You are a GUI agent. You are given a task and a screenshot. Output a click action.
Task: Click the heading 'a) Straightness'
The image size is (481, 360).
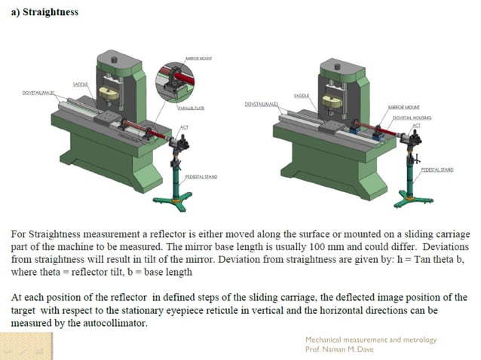point(44,13)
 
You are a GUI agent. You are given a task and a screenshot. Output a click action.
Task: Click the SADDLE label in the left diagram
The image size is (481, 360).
point(81,84)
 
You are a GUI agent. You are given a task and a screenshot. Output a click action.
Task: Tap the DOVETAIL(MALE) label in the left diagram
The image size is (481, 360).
point(38,93)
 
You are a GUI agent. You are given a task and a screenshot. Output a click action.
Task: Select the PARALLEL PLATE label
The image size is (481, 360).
point(191,108)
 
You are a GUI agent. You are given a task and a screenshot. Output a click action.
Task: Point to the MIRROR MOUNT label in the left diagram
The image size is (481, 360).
point(198,56)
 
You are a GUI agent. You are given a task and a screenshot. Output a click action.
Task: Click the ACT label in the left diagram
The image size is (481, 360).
point(184,127)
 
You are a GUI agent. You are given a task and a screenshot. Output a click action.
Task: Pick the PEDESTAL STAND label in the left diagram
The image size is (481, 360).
point(201,176)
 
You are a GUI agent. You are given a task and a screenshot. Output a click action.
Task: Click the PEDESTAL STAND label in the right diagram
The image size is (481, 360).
point(437,169)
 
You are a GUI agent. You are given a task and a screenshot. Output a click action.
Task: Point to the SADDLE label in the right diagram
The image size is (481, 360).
point(302,96)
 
